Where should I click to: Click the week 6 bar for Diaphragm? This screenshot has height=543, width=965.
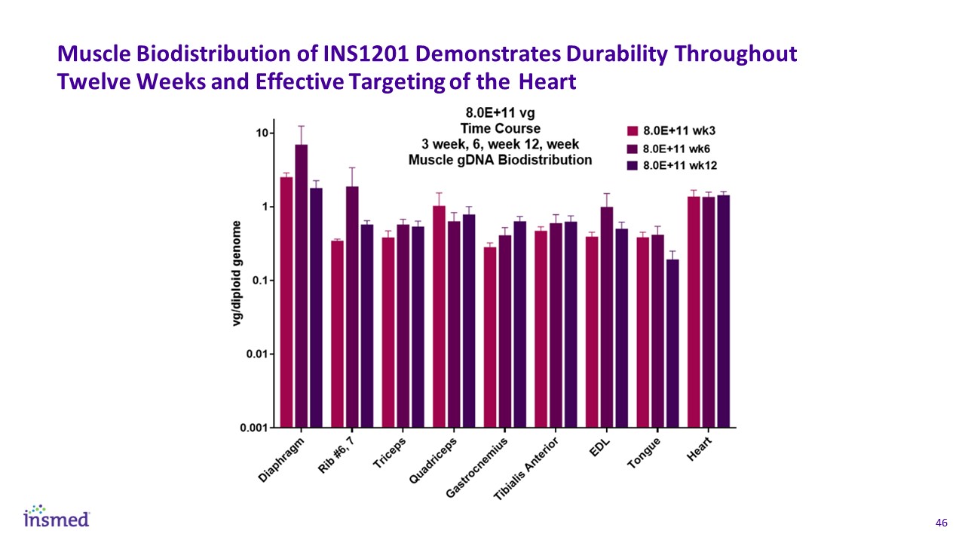pos(302,287)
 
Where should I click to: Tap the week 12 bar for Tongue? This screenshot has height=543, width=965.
pos(672,343)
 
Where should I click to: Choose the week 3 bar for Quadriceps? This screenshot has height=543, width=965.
pos(440,317)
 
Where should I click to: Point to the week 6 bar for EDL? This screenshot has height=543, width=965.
pos(607,317)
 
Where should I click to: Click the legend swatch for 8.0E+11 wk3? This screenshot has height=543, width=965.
pos(633,130)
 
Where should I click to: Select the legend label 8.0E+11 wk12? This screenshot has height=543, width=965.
pos(680,166)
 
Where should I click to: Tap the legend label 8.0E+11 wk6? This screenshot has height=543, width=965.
pos(676,148)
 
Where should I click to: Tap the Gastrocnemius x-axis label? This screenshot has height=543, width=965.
pos(477,466)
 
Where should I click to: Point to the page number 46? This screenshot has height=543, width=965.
pos(940,523)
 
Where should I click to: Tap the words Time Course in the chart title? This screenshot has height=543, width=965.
pos(501,128)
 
